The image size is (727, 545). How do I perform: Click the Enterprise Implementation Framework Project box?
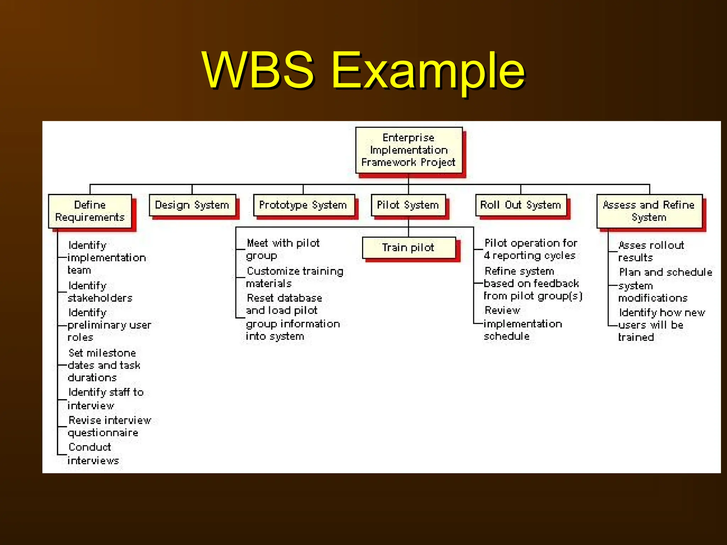click(x=409, y=150)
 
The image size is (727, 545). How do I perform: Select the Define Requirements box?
click(x=90, y=211)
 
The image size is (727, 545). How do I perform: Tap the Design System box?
click(x=192, y=205)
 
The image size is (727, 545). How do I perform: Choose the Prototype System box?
click(x=303, y=205)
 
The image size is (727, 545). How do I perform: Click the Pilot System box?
click(x=408, y=205)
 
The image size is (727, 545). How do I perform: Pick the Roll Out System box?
click(x=520, y=205)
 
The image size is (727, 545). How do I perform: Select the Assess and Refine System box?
click(x=649, y=211)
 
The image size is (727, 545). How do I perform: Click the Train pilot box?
click(x=408, y=248)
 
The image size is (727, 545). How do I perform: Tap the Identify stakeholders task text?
click(x=100, y=292)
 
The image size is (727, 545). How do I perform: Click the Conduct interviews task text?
click(x=92, y=454)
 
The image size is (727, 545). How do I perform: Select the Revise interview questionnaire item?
click(x=108, y=426)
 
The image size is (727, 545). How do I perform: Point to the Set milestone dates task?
click(x=103, y=365)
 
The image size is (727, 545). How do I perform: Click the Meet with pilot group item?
click(x=283, y=249)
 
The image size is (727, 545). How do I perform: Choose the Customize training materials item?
click(x=294, y=277)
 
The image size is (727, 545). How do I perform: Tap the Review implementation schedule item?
click(x=522, y=323)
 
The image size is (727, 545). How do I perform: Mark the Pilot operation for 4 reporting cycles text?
click(x=530, y=249)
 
